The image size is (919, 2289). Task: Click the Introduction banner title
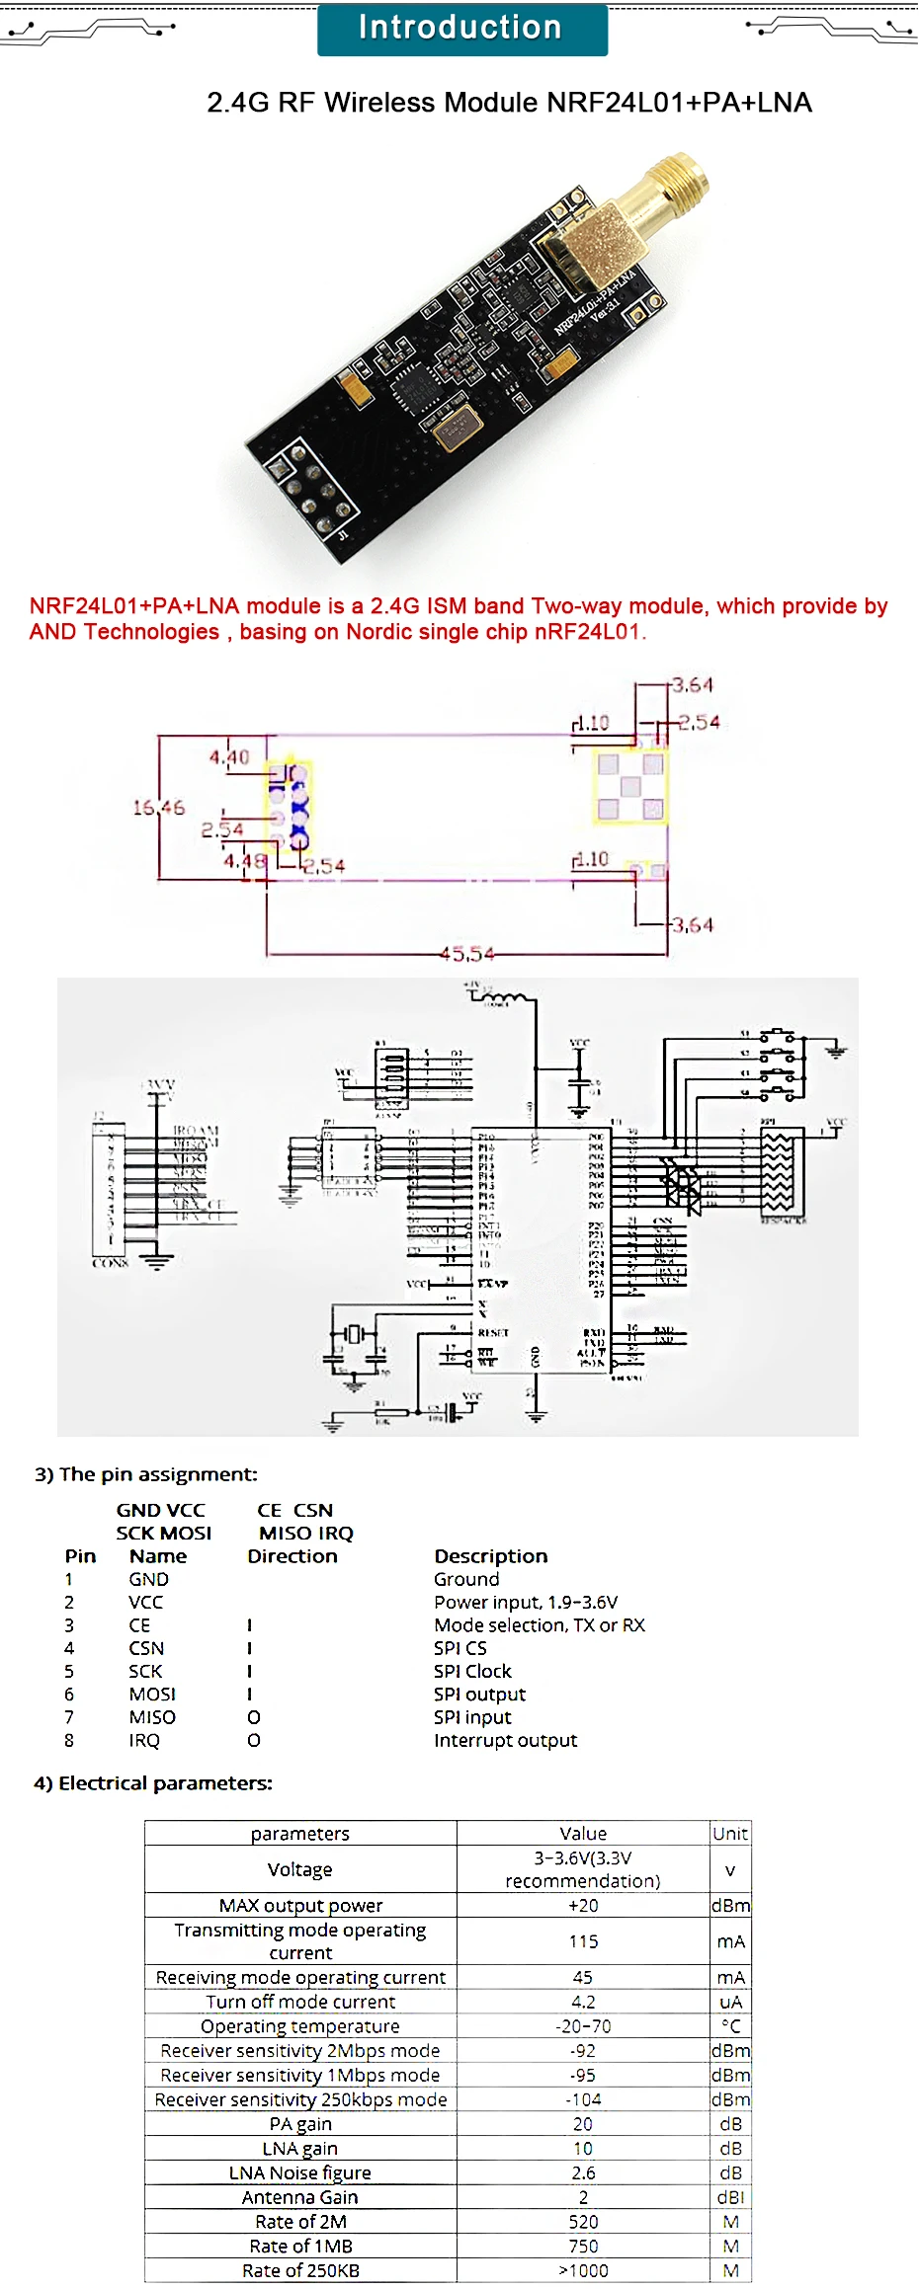click(x=460, y=28)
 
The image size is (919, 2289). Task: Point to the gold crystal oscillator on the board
click(x=456, y=427)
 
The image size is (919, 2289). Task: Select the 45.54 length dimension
click(x=466, y=954)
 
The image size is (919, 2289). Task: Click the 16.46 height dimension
click(x=158, y=808)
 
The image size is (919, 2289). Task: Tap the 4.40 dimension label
click(x=228, y=757)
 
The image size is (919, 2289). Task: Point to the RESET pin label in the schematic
click(x=493, y=1332)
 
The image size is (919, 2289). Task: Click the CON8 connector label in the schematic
click(x=110, y=1263)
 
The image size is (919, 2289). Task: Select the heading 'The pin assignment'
click(x=146, y=1474)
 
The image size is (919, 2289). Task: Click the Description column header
click(x=490, y=1556)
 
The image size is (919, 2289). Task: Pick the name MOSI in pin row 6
click(x=152, y=1695)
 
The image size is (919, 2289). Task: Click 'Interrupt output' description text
click(x=505, y=1741)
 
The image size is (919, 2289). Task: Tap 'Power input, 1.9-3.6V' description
click(x=525, y=1603)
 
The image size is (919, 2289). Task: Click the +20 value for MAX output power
click(x=583, y=1906)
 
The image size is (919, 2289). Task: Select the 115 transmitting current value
click(x=583, y=1941)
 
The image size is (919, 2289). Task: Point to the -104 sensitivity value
click(x=583, y=2099)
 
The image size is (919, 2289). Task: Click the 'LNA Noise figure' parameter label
click(x=300, y=2172)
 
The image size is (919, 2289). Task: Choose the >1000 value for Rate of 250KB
click(x=583, y=2270)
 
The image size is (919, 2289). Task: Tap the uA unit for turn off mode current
click(x=730, y=2002)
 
